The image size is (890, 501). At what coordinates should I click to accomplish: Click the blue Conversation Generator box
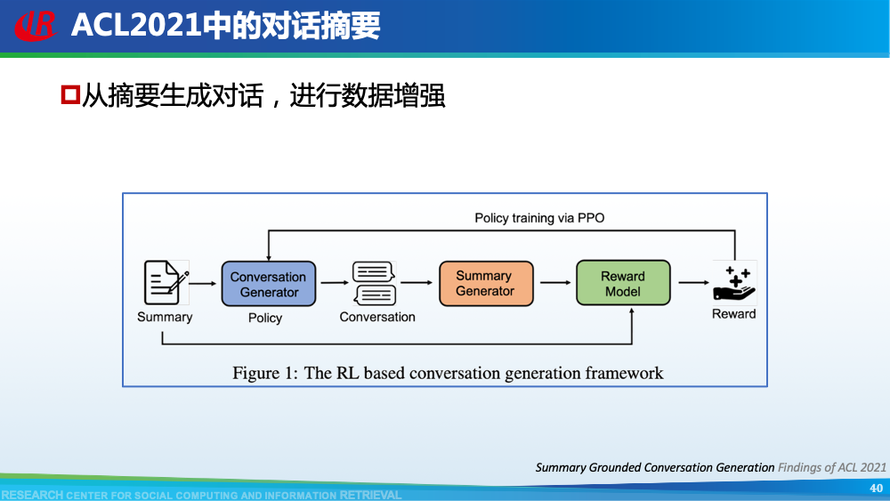point(269,284)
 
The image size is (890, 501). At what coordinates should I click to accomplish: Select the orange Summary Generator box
point(485,283)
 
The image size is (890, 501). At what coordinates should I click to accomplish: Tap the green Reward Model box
point(622,283)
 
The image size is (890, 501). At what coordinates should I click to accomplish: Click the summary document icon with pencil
point(166,282)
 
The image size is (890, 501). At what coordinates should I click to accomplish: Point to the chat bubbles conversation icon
point(374,283)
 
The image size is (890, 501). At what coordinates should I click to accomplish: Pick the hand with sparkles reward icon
point(734,283)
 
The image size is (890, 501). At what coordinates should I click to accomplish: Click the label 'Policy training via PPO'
point(539,218)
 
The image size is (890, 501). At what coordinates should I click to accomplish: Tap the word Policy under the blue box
point(265,318)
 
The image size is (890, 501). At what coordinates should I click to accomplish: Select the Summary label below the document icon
point(165,317)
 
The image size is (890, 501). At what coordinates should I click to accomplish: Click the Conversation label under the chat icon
point(377,317)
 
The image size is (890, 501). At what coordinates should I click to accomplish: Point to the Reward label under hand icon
point(733,314)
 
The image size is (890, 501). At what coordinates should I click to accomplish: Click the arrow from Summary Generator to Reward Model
point(555,283)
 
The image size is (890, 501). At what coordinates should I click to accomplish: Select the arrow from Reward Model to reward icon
point(693,283)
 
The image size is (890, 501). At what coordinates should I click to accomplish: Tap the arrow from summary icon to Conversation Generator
point(203,283)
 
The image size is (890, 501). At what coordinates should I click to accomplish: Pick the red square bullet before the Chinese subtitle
point(70,94)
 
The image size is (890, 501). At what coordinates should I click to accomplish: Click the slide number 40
point(876,488)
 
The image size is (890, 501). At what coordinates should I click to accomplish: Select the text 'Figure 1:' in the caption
point(265,373)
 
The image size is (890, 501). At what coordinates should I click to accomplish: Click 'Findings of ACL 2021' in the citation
point(832,467)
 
